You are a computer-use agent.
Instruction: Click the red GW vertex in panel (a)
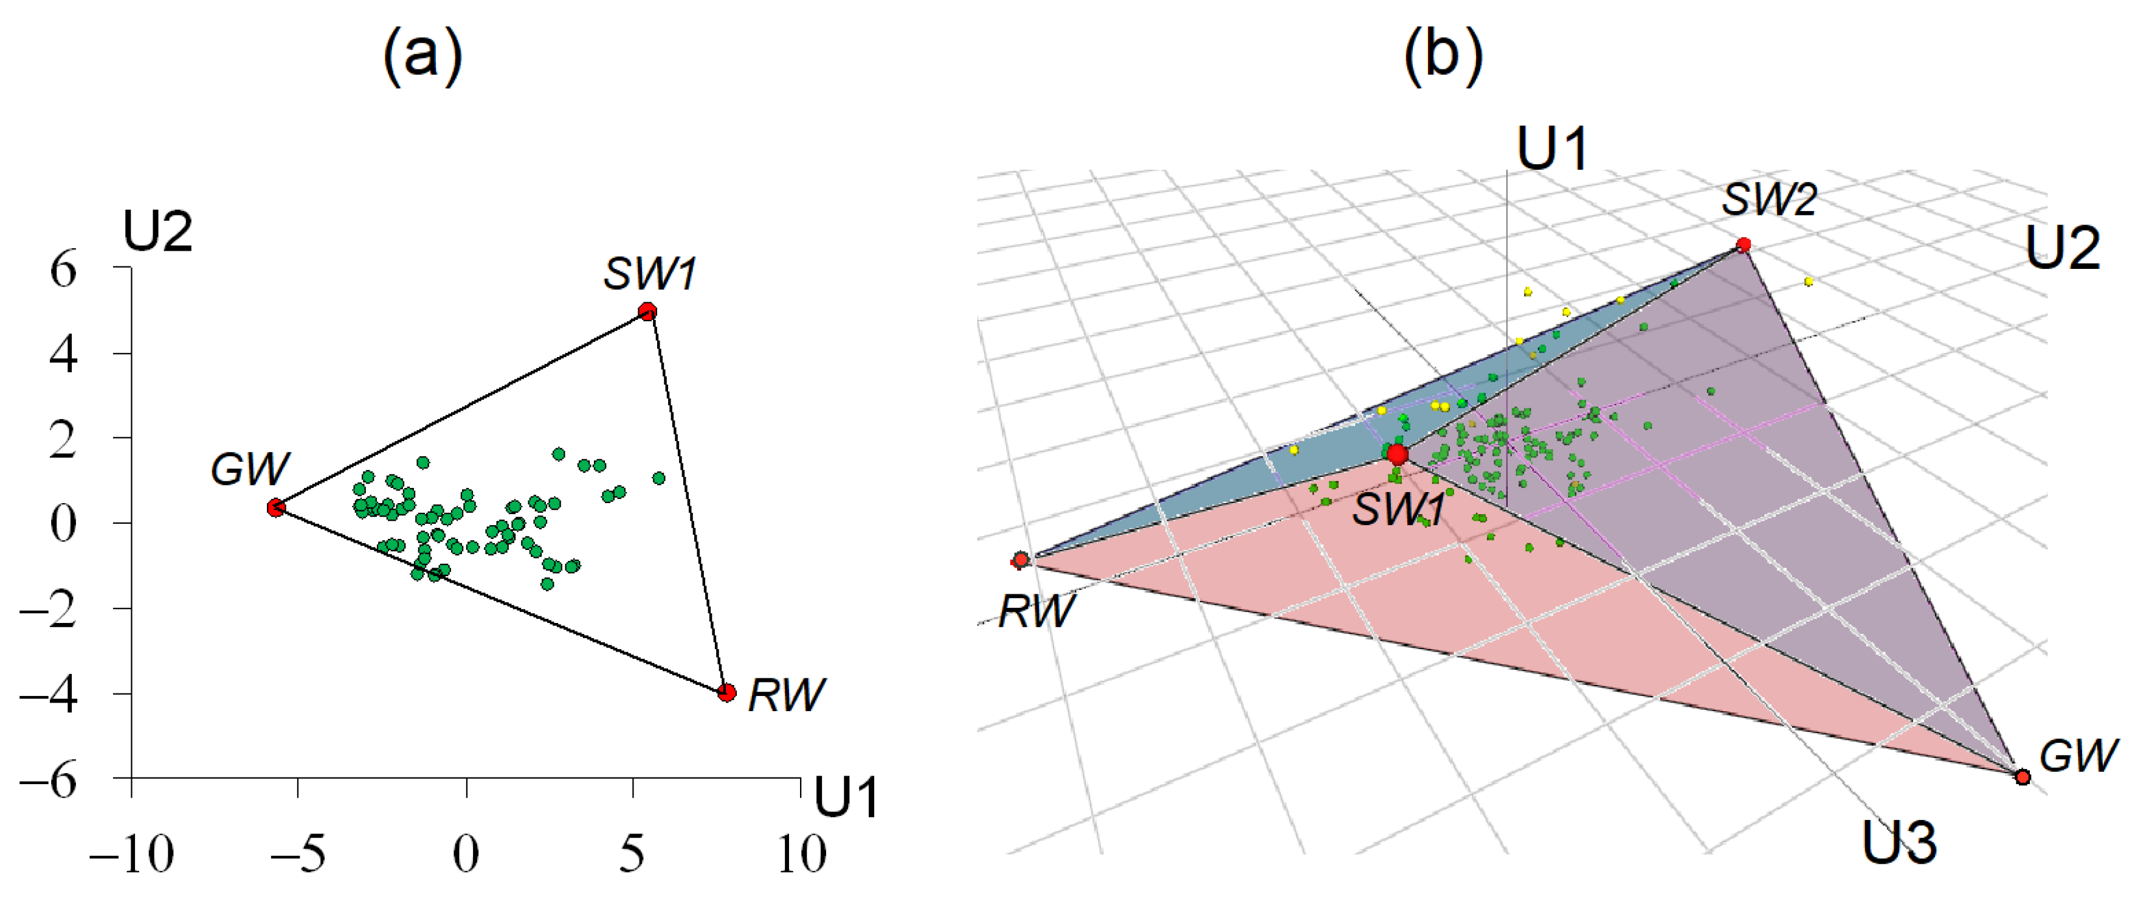276,507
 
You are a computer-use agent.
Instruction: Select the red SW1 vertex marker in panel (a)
647,312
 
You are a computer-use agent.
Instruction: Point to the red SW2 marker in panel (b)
1744,245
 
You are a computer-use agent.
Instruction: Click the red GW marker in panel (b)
2023,777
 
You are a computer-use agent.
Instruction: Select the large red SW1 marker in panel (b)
1398,454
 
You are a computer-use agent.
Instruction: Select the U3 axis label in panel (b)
1899,842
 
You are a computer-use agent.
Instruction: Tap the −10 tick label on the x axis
132,854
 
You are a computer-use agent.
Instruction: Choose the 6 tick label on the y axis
63,270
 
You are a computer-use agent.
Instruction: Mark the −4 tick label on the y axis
50,694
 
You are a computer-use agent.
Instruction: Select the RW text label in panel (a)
785,695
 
